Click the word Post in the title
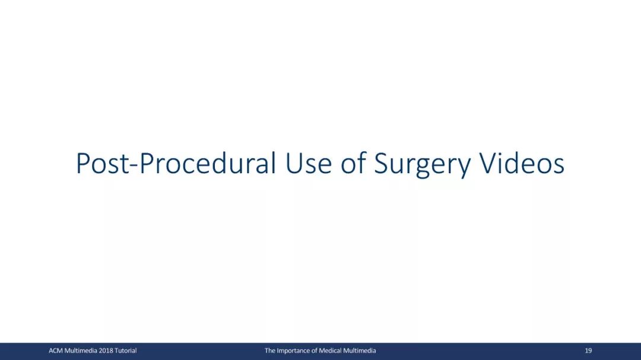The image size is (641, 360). point(102,164)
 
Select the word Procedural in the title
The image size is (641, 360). point(208,163)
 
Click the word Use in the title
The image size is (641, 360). point(308,164)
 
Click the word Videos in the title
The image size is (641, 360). point(522,163)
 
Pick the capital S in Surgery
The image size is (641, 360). point(381,164)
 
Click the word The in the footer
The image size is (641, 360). point(269,351)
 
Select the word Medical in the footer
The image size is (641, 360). point(330,351)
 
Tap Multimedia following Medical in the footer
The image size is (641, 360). point(359,351)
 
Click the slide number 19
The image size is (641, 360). point(588,351)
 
